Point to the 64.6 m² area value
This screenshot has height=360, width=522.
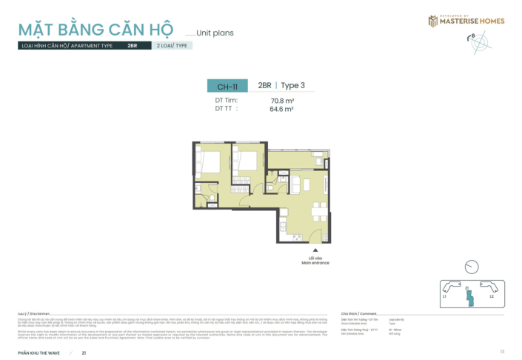tap(281, 109)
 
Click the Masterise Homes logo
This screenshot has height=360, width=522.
tap(466, 21)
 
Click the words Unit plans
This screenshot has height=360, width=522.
tap(215, 33)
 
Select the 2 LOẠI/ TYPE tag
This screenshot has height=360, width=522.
tap(172, 45)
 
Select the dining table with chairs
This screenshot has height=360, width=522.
tap(318, 210)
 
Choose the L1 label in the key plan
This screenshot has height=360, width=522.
tap(444, 296)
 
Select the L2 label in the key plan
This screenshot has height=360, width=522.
tap(491, 296)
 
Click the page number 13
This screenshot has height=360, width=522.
tap(502, 351)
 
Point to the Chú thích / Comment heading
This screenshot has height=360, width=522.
tap(358, 313)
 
